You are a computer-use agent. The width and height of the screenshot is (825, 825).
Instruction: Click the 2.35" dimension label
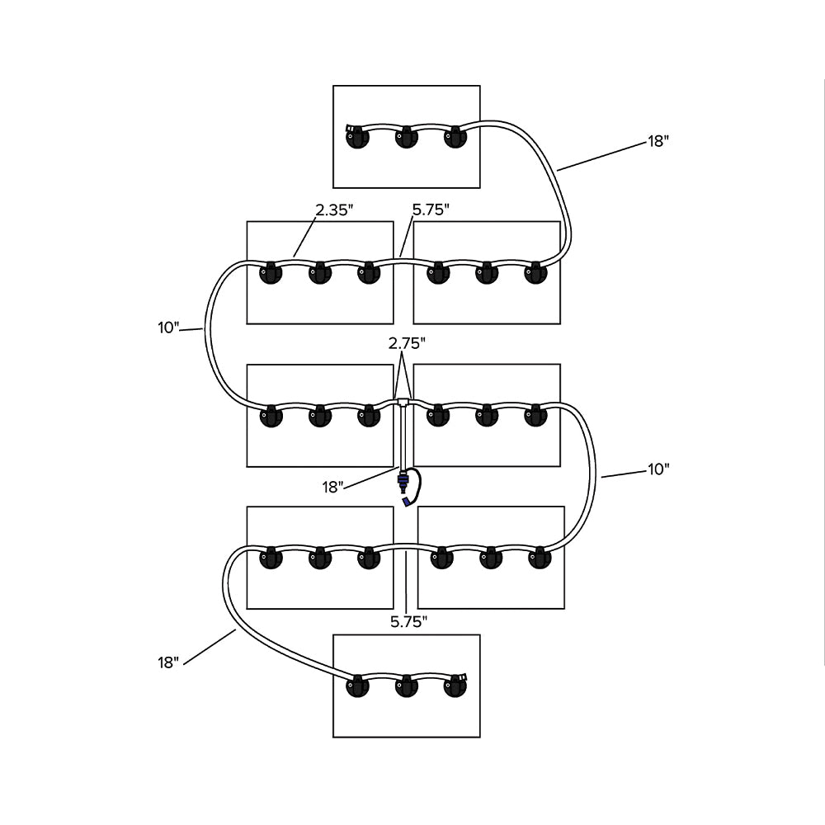point(334,210)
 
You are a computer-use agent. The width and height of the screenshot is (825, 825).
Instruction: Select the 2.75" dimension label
point(408,342)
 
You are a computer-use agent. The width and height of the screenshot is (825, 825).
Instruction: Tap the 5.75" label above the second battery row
point(430,210)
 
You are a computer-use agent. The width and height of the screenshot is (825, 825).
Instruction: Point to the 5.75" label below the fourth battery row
point(408,621)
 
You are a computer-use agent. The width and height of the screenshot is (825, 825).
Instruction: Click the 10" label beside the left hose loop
point(168,328)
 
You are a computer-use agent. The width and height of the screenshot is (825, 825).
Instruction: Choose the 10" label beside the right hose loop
point(658,469)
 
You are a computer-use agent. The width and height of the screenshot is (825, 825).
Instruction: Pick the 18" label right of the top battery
point(658,140)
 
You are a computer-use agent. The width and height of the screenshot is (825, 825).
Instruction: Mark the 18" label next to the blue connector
point(333,487)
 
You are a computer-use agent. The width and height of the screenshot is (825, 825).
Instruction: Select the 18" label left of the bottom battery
point(168,662)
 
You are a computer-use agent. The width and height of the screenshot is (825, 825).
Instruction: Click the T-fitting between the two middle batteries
point(403,403)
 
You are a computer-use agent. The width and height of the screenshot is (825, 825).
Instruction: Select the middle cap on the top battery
point(406,138)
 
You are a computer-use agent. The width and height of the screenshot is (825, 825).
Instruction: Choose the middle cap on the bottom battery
point(407,686)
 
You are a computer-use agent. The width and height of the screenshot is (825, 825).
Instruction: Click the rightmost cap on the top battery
point(455,138)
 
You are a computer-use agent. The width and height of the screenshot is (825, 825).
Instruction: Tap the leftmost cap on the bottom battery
point(358,686)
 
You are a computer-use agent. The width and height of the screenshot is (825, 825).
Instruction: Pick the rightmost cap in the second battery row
point(536,273)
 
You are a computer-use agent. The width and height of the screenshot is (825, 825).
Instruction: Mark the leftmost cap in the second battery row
point(271,273)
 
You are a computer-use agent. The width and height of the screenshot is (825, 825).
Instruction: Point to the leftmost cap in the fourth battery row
point(271,559)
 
